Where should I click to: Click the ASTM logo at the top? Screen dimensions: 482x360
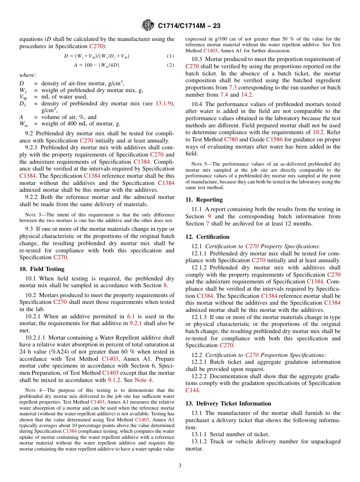[x=148, y=25]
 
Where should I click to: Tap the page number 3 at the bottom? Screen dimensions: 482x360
[x=180, y=466]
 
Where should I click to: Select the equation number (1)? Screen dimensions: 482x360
[x=171, y=56]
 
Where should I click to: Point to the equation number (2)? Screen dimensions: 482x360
[x=171, y=65]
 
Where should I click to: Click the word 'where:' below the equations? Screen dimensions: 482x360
[x=28, y=75]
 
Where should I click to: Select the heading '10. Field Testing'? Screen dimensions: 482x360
[x=42, y=269]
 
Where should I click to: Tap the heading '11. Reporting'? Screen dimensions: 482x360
[x=204, y=200]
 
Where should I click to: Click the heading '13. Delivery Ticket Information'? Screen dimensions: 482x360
[x=228, y=404]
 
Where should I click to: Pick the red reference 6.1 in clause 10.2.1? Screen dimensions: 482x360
[x=130, y=316]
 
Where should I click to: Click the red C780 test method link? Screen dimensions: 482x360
[x=230, y=140]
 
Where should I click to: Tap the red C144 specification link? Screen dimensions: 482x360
[x=192, y=390]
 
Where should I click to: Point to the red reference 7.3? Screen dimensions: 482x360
[x=233, y=88]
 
